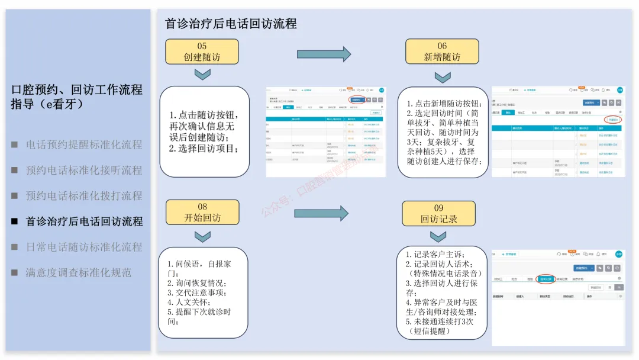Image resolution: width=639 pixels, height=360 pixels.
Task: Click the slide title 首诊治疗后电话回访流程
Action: pos(231,24)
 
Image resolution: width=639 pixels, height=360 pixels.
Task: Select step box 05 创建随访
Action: pos(202,52)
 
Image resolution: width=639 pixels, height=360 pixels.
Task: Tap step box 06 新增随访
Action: pos(442,52)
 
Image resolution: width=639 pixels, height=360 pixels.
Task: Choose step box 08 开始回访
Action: pos(202,212)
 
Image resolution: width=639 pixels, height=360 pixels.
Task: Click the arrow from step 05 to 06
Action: pos(324,54)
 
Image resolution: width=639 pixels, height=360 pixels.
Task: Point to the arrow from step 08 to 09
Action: pos(321,214)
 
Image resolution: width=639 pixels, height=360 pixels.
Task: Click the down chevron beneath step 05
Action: pos(202,74)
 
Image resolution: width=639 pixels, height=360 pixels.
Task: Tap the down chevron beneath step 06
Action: pos(443,77)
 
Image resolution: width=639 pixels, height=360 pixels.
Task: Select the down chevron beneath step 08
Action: pos(202,236)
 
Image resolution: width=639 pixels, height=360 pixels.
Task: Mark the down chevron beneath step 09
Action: pos(438,237)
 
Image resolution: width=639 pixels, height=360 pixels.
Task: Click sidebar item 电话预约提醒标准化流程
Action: pos(84,144)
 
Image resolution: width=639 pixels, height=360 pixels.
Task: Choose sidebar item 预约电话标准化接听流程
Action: pos(84,170)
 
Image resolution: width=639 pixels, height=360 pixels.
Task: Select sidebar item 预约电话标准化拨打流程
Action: pos(84,195)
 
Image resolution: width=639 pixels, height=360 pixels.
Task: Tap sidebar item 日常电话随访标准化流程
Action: pos(84,247)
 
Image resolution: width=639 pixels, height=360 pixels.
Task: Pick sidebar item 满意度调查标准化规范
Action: pos(78,272)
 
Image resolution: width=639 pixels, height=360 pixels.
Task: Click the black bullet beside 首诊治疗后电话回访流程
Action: pos(14,221)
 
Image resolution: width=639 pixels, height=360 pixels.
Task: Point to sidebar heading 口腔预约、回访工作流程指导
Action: pos(77,97)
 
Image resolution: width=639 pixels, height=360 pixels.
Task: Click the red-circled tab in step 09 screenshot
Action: pos(546,278)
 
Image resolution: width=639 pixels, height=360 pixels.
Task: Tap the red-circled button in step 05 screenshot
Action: pos(356,99)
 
